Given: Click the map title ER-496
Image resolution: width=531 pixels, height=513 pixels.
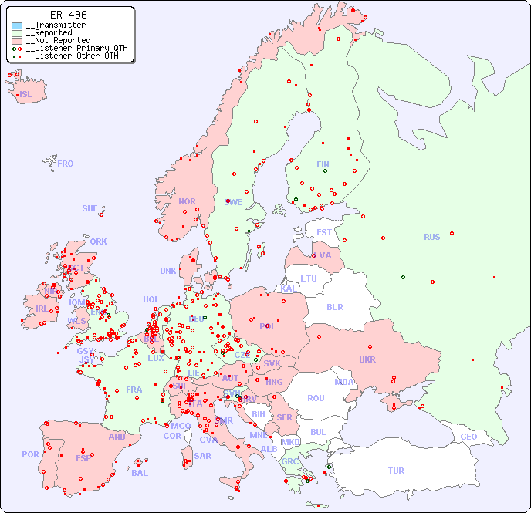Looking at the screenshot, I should [x=68, y=15].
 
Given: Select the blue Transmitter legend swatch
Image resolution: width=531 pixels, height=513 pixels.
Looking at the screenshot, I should [x=17, y=25].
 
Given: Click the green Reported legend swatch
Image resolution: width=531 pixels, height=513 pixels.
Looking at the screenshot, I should [x=17, y=33].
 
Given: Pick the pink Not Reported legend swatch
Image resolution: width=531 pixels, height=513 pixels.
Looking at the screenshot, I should [x=17, y=41].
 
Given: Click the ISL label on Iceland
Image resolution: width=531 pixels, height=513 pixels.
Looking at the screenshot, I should [x=25, y=95].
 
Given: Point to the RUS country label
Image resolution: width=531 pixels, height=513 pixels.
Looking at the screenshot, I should [x=431, y=237].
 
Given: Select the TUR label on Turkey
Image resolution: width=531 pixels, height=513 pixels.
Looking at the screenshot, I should [x=396, y=471].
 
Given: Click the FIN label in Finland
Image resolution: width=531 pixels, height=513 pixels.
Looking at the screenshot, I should [x=323, y=164].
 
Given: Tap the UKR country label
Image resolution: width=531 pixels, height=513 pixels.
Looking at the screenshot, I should [x=367, y=359].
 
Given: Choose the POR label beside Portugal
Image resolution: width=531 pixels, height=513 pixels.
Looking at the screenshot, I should [x=30, y=454].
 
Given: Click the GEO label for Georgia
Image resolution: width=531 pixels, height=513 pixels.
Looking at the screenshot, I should [x=468, y=437].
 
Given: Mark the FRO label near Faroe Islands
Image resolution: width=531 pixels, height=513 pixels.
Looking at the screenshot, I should [x=66, y=164].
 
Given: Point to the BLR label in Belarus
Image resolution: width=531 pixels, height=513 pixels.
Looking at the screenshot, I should [x=334, y=306].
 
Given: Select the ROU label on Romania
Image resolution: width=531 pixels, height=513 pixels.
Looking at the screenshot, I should [x=316, y=398].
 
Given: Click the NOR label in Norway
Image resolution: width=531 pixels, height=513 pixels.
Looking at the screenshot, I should [x=187, y=201].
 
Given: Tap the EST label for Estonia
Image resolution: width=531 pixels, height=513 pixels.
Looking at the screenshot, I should [x=324, y=232].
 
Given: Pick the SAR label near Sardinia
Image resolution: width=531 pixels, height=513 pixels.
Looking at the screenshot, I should [x=202, y=456].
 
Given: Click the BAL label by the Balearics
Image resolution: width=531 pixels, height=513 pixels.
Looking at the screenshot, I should [x=139, y=473].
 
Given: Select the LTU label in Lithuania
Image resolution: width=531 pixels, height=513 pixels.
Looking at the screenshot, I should [x=309, y=278].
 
